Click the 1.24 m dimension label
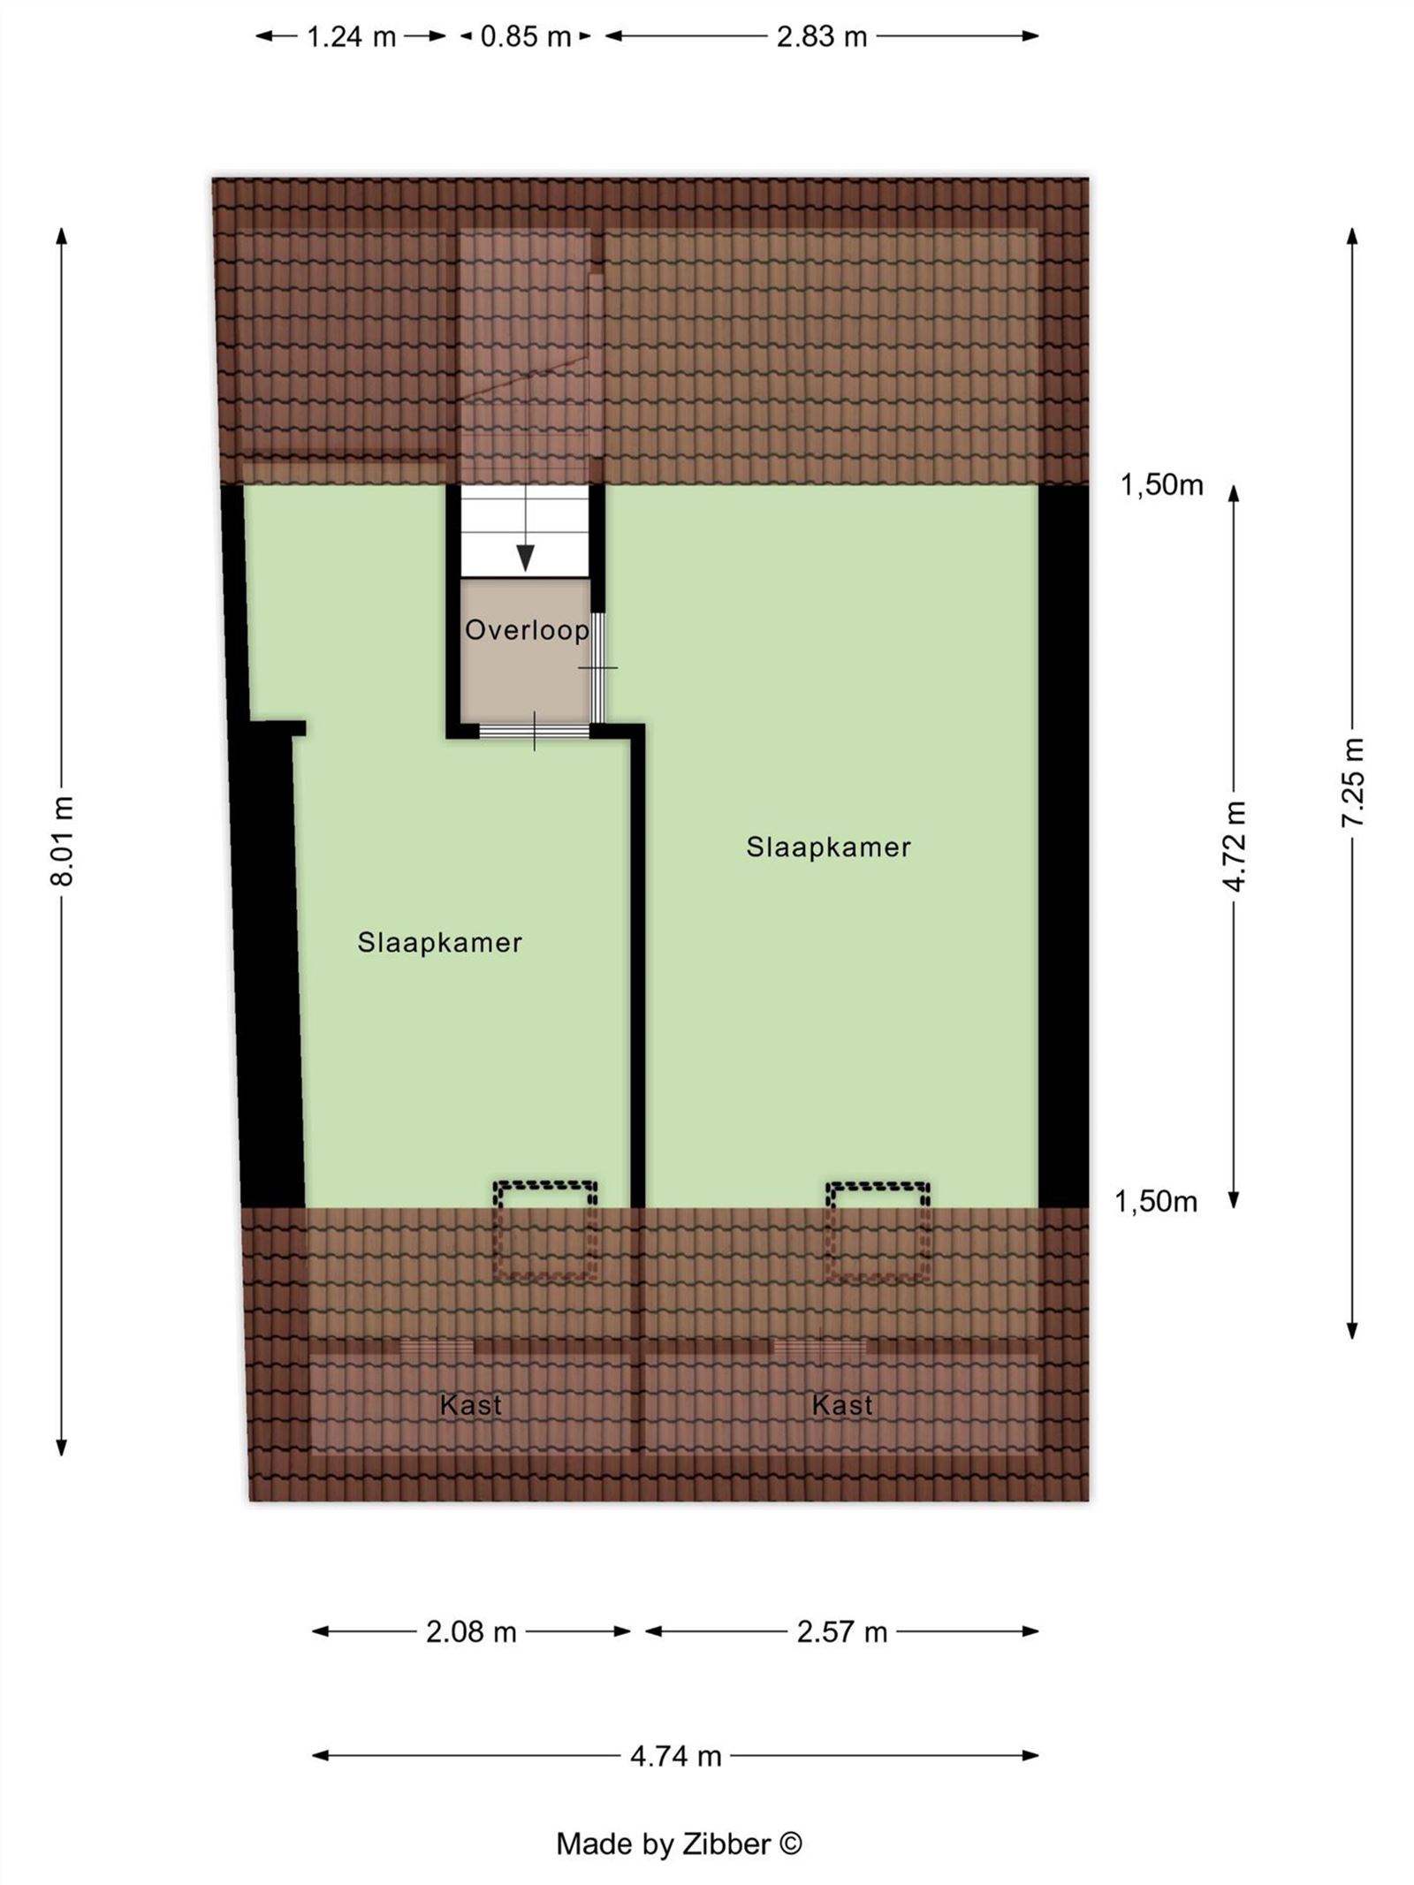[x=351, y=37]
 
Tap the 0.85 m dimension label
[x=526, y=37]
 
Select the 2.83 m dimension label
[x=821, y=37]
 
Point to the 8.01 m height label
[x=62, y=840]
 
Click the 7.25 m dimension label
[x=1352, y=783]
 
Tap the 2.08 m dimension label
[x=471, y=1631]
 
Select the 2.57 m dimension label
[x=841, y=1631]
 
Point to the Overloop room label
[x=527, y=630]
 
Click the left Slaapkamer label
[x=439, y=943]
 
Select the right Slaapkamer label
[x=828, y=847]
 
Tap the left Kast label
[x=471, y=1405]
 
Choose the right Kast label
[x=842, y=1405]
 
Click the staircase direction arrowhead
[x=526, y=558]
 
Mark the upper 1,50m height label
[x=1162, y=485]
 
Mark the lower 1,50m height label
[x=1156, y=1202]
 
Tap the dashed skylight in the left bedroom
[x=545, y=1230]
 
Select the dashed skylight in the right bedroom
[x=878, y=1230]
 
